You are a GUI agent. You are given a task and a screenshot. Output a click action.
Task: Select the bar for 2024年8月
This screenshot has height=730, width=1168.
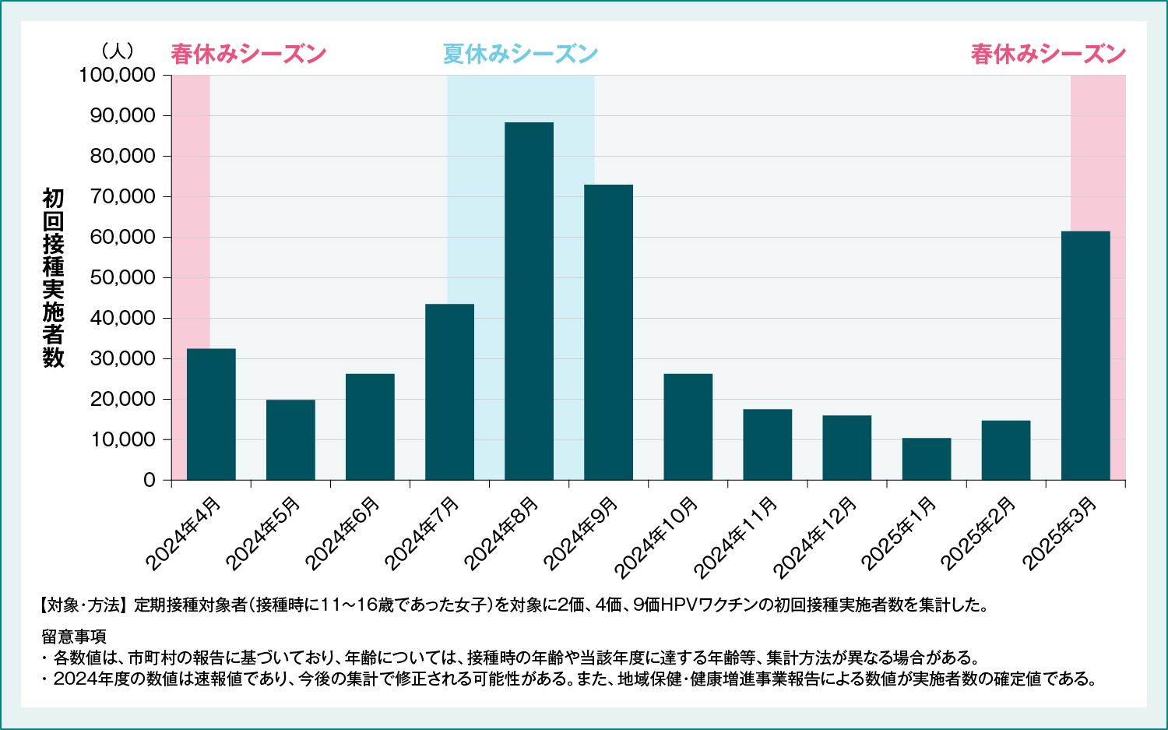click(529, 301)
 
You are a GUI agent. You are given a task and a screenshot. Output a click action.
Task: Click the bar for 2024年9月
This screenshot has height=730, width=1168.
click(608, 332)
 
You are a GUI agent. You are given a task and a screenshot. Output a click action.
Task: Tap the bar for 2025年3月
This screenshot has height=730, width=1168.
click(1085, 355)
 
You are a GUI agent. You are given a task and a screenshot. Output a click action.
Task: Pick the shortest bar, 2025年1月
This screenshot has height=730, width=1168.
click(927, 459)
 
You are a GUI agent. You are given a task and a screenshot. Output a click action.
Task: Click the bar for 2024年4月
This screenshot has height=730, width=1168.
click(211, 414)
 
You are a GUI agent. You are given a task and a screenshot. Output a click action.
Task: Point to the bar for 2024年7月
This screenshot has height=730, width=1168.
click(449, 392)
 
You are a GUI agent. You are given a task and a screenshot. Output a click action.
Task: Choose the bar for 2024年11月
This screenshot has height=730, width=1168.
click(767, 444)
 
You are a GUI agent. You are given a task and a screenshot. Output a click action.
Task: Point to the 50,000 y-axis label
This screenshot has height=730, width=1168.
click(123, 278)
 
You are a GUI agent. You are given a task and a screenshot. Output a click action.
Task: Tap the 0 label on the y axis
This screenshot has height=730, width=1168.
click(150, 481)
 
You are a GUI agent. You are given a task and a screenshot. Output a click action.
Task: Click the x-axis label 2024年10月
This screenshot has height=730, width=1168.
click(656, 538)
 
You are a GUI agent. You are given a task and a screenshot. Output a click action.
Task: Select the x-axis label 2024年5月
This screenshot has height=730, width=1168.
click(262, 534)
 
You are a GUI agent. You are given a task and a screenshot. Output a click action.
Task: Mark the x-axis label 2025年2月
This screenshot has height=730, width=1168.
click(978, 534)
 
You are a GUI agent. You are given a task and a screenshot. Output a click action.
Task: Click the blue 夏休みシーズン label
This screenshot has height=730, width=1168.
click(520, 54)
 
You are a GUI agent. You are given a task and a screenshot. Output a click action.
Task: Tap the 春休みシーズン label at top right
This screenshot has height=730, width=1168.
click(1048, 54)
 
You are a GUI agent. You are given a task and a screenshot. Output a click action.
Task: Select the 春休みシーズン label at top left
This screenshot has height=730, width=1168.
click(248, 54)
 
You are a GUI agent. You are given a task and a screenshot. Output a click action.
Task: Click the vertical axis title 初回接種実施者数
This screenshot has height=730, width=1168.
click(53, 277)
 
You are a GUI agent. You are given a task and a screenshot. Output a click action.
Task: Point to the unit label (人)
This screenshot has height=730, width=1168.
click(118, 51)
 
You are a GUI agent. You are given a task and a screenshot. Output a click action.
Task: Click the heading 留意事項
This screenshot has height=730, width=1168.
click(74, 636)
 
